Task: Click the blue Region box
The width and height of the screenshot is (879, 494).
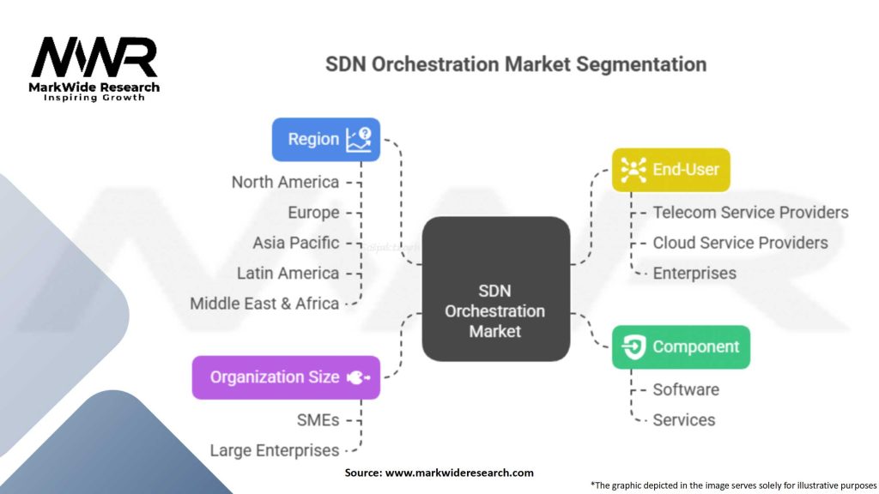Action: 326,139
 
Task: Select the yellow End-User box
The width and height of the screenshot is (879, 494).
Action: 670,170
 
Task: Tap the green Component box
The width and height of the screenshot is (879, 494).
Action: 681,347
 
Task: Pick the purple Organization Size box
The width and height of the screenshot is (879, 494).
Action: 285,377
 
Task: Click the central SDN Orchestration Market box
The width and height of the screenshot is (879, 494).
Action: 495,288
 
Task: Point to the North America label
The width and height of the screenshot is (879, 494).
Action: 285,182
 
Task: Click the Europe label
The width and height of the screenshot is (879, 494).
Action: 313,213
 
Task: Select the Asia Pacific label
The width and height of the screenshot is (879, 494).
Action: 295,243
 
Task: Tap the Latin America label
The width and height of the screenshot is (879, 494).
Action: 288,273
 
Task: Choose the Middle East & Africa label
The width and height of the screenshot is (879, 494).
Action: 264,304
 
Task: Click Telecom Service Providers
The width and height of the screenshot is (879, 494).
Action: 750,212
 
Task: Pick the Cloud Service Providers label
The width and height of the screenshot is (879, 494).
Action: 740,243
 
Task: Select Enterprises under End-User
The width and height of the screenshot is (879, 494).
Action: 694,273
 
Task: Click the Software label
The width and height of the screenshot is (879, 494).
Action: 686,389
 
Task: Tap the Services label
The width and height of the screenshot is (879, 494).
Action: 683,419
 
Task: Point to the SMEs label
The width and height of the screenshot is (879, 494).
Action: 318,419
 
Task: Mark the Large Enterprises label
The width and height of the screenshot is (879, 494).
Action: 275,450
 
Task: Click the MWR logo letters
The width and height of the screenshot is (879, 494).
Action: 94,58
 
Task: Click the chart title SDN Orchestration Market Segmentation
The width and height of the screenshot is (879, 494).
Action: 516,64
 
